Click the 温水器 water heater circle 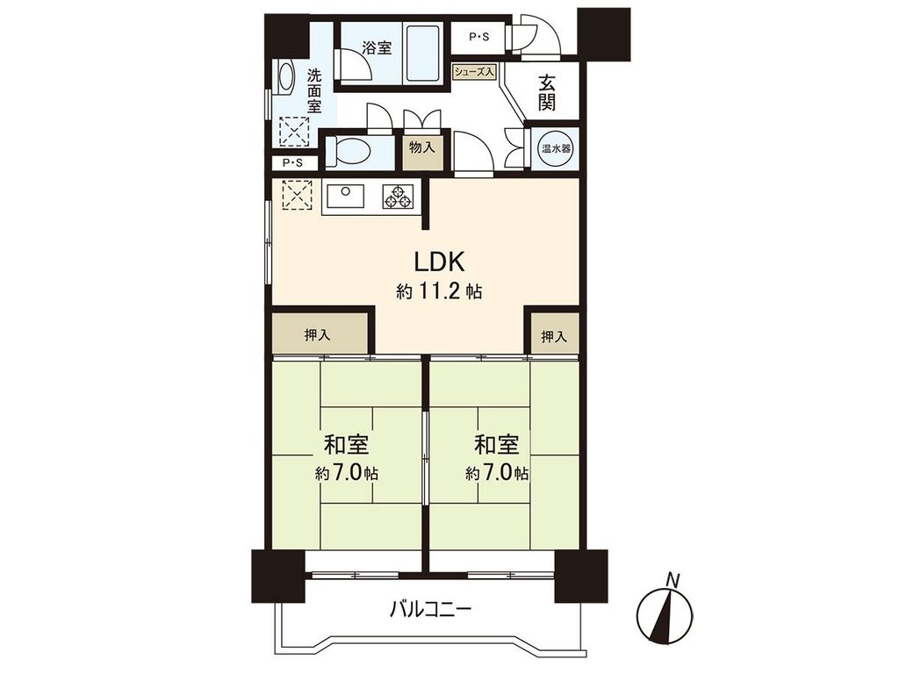click(554, 148)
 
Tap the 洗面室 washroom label click(314, 91)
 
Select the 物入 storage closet click(422, 147)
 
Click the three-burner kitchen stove click(397, 197)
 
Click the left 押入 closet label click(317, 335)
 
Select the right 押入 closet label click(553, 336)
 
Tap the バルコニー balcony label click(430, 608)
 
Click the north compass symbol click(665, 611)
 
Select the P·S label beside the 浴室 click(479, 37)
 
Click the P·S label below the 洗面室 click(292, 163)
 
